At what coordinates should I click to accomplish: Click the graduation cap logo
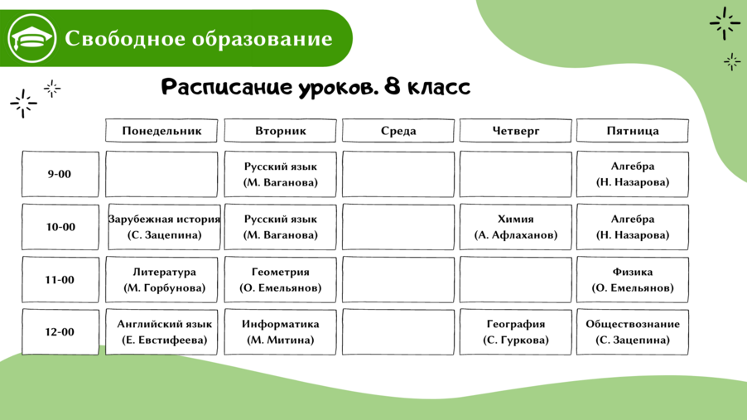click(x=32, y=38)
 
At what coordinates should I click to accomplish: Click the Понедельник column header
click(x=161, y=131)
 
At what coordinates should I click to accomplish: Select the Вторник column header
click(x=280, y=131)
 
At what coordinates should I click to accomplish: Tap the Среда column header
click(x=398, y=131)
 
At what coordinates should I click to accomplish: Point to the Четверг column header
click(x=515, y=131)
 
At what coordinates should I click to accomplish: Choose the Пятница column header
click(x=633, y=131)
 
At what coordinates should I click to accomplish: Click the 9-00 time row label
click(x=60, y=174)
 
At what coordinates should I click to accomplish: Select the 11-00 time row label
click(x=60, y=279)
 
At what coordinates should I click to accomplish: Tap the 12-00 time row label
click(x=60, y=332)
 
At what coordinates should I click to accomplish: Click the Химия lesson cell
click(x=515, y=227)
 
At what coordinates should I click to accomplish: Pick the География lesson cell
click(x=515, y=332)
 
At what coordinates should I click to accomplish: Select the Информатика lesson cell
click(x=280, y=332)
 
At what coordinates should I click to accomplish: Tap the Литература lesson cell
click(x=161, y=279)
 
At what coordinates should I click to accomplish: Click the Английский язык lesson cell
click(x=161, y=332)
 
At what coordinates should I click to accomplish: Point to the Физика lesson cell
click(x=633, y=279)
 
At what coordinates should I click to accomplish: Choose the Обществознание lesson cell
click(x=633, y=332)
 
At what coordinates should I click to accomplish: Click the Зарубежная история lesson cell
click(x=164, y=227)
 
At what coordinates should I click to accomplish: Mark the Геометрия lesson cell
click(x=280, y=279)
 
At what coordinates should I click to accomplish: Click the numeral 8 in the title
click(x=392, y=87)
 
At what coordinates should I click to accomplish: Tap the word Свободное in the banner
click(x=125, y=38)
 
